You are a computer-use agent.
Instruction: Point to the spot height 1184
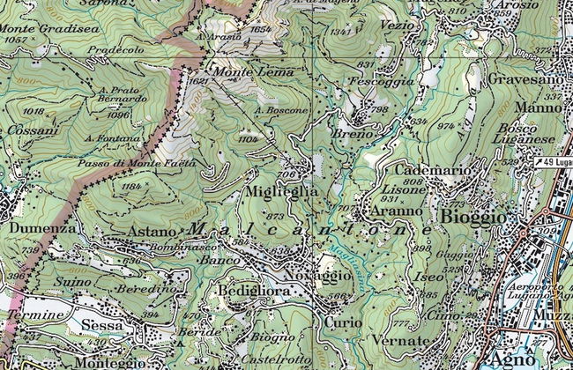pyautogui.click(x=132, y=187)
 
